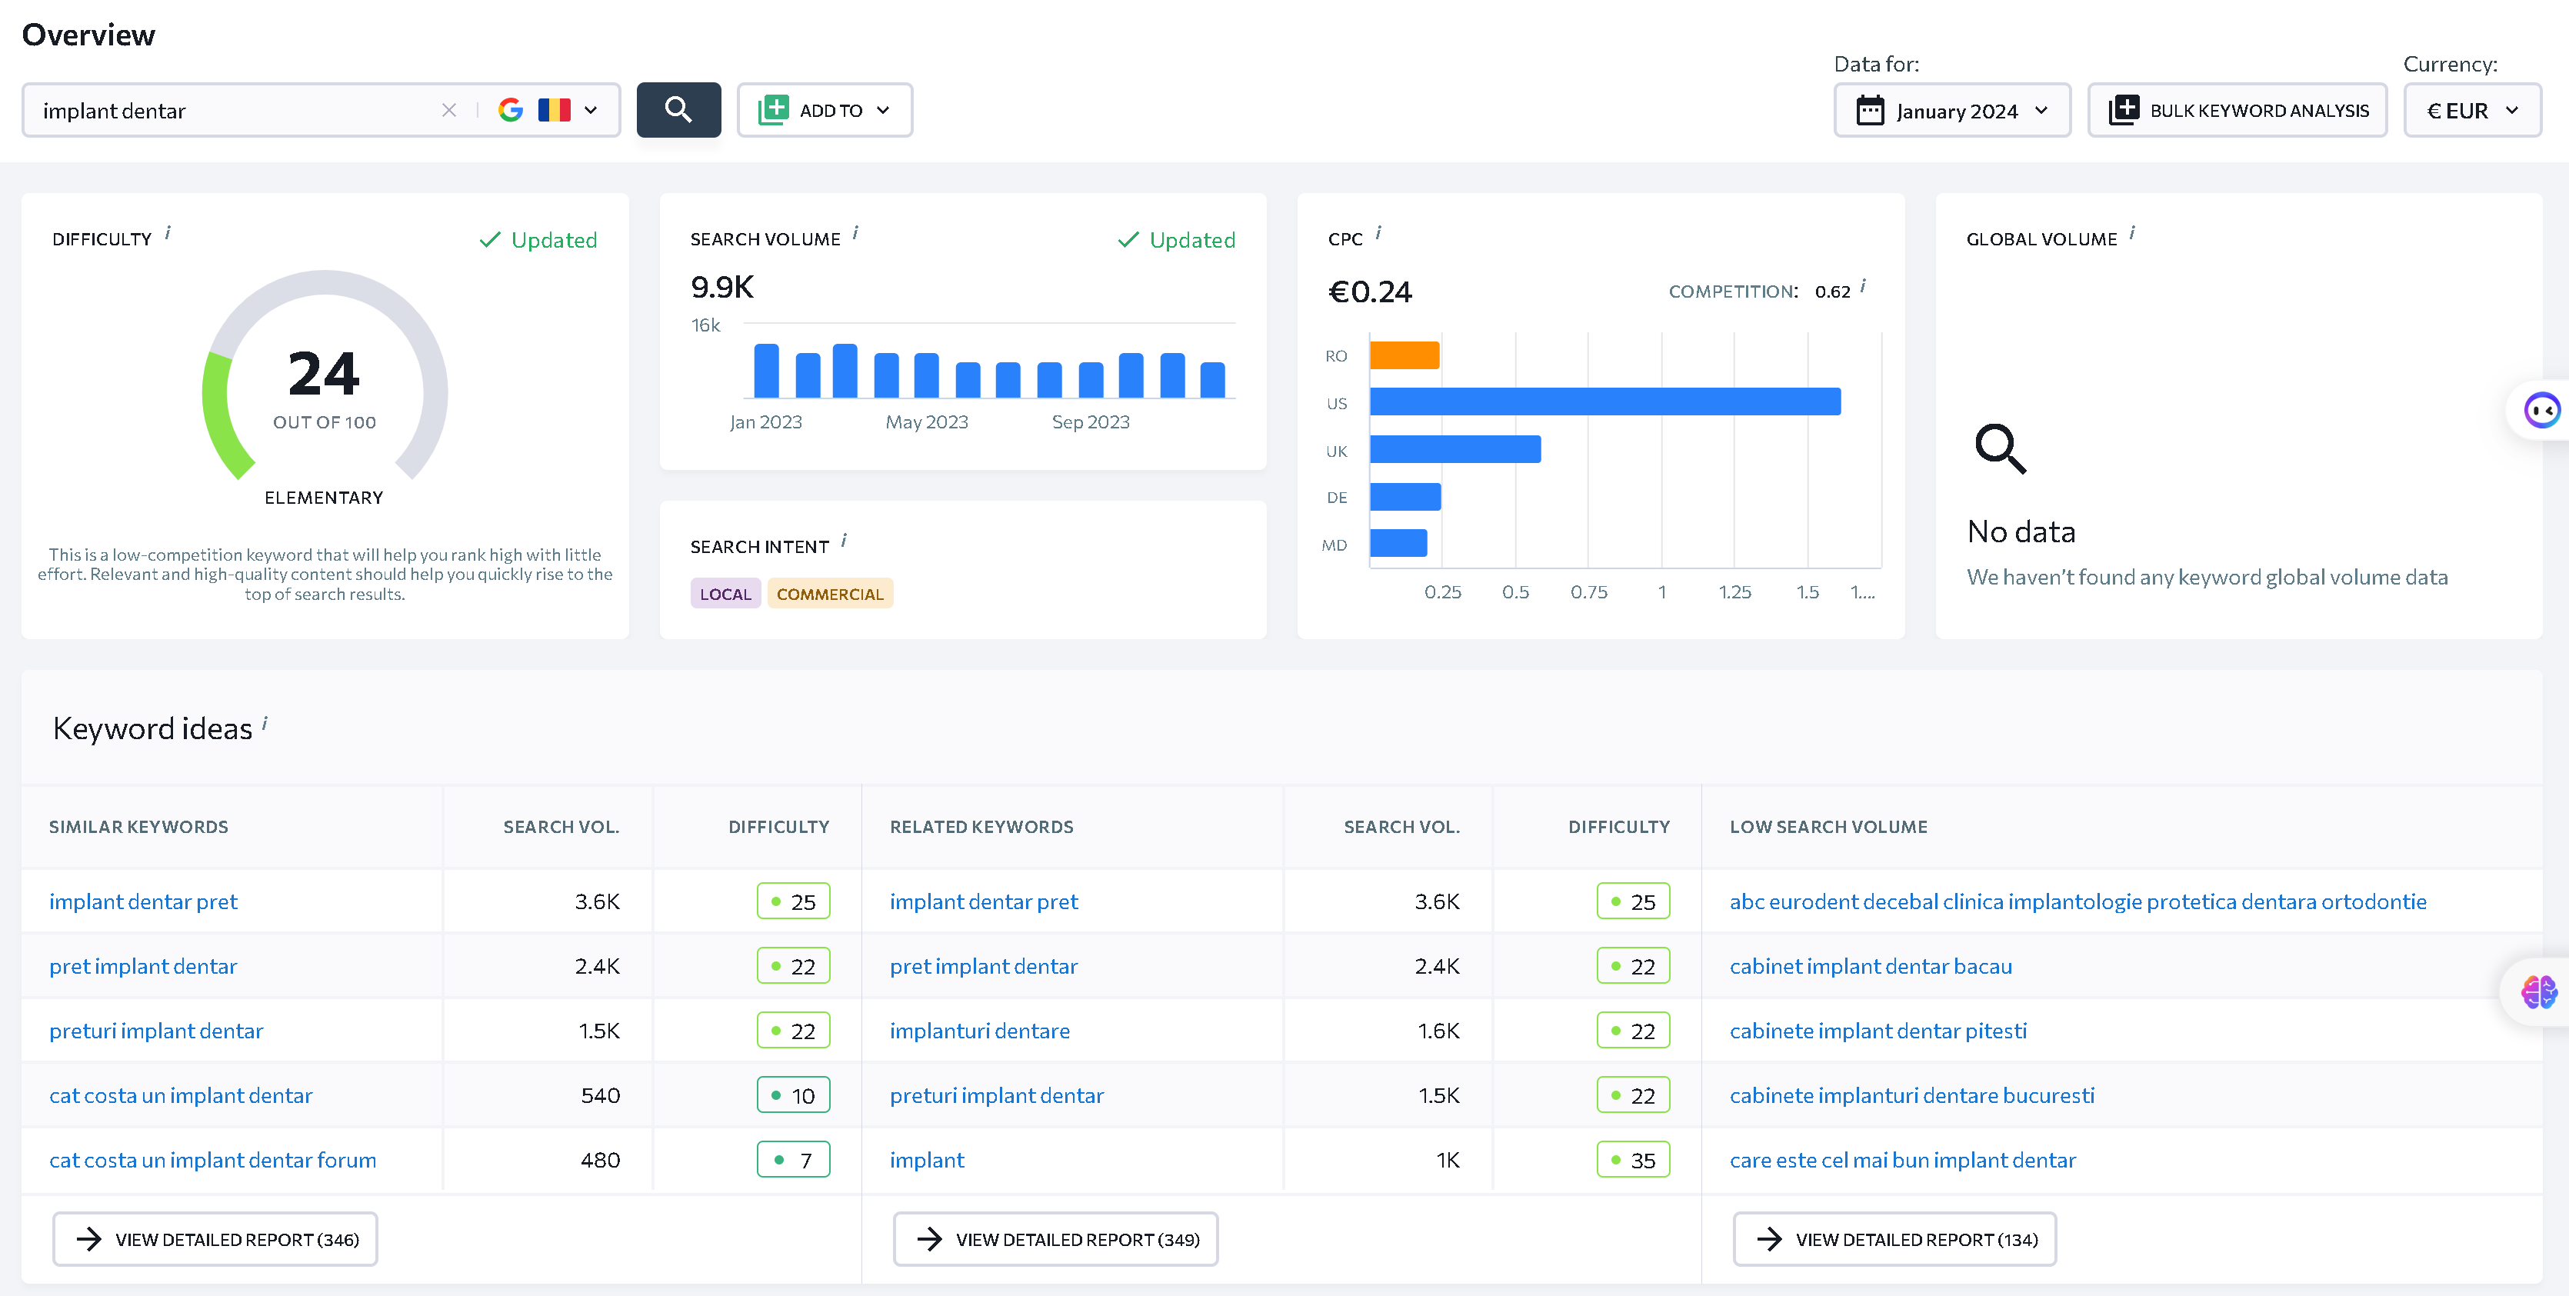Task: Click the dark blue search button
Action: pos(678,110)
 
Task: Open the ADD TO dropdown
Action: pos(825,110)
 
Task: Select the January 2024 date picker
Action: pos(1951,110)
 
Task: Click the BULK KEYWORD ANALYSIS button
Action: pos(2237,110)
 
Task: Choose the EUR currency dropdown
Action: pos(2472,110)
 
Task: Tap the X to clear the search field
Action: pos(448,110)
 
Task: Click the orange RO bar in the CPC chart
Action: pos(1404,355)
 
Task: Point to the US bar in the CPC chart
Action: pos(1604,401)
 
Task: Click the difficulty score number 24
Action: pos(324,374)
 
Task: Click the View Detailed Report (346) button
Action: pos(215,1239)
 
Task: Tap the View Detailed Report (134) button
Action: pos(1895,1239)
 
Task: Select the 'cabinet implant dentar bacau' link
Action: pos(1871,966)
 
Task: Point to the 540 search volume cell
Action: pos(601,1095)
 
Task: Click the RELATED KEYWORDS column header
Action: pos(981,827)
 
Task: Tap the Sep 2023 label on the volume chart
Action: pos(1090,421)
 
